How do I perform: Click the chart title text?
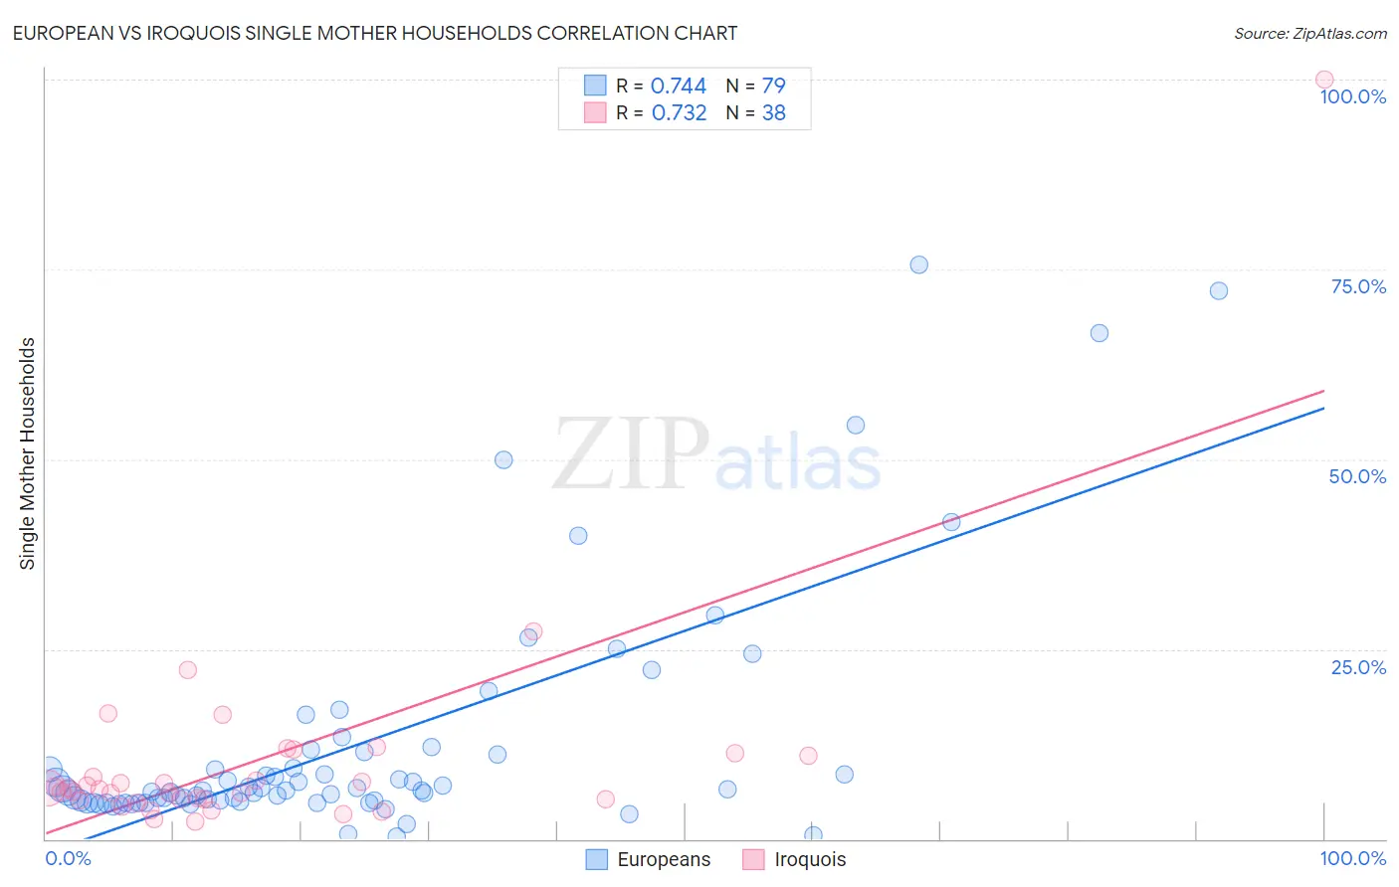375,33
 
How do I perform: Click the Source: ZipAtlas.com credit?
1309,33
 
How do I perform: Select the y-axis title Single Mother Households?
27,453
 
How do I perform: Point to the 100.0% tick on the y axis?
1352,96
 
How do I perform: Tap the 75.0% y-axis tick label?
1358,286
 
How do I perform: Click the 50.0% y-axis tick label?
1357,476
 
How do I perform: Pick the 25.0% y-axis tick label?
1358,666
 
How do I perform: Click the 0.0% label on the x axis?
68,858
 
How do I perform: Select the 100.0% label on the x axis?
1352,858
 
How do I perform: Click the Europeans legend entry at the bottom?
649,859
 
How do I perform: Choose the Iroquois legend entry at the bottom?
794,859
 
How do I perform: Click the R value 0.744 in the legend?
678,86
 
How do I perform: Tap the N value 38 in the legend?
773,112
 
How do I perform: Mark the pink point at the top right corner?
1324,80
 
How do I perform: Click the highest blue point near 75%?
918,265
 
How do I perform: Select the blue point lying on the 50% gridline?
503,459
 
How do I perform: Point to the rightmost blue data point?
1218,290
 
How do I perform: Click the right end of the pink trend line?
1324,391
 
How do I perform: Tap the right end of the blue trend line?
1324,408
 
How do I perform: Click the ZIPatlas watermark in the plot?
716,455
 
